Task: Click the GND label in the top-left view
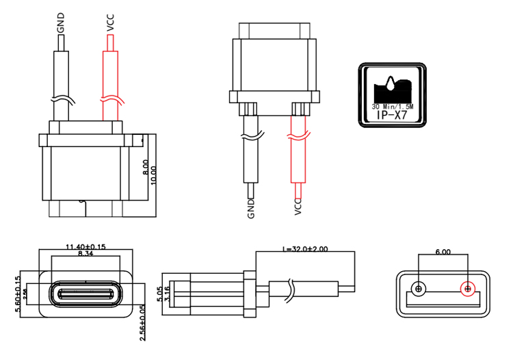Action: pyautogui.click(x=62, y=25)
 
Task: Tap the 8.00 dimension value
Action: pyautogui.click(x=144, y=168)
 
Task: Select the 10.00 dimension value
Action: pyautogui.click(x=153, y=174)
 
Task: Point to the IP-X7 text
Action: pyautogui.click(x=392, y=117)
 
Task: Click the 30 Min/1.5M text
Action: pyautogui.click(x=392, y=107)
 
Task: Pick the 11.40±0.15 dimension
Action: pyautogui.click(x=85, y=246)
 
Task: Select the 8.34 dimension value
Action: pyautogui.click(x=85, y=254)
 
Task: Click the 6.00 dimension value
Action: pyautogui.click(x=443, y=252)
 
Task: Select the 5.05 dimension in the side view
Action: pyautogui.click(x=160, y=295)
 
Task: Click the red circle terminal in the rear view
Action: pyautogui.click(x=468, y=288)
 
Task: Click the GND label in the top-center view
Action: pyautogui.click(x=251, y=208)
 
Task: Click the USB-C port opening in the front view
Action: pyautogui.click(x=85, y=296)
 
